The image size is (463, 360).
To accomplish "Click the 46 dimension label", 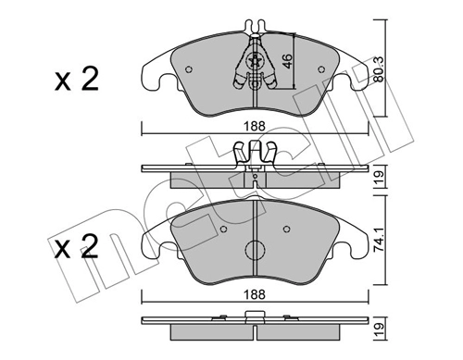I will click(x=287, y=64).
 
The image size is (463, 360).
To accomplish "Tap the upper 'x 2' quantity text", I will click(x=75, y=81).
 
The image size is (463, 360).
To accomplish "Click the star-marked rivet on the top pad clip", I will click(x=254, y=63).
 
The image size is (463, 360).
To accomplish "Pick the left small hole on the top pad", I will click(x=189, y=68).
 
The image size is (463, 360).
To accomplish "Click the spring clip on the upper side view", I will click(x=254, y=154).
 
